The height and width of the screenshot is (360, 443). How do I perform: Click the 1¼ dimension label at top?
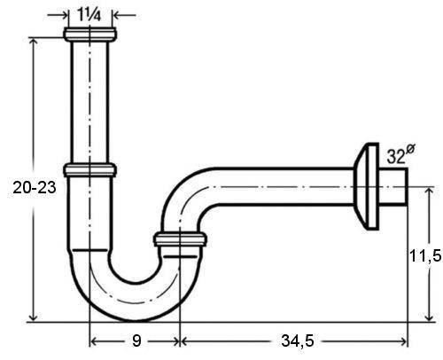[x=89, y=14]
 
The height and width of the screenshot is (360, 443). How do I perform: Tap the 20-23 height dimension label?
[x=35, y=187]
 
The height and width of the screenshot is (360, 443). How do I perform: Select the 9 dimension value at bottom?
[x=136, y=340]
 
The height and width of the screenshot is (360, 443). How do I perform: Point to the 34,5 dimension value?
[x=297, y=341]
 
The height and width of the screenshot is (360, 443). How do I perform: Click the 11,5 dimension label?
[x=425, y=255]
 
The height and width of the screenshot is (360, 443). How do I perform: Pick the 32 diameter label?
[x=400, y=154]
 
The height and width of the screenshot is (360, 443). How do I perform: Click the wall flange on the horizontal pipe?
[x=366, y=186]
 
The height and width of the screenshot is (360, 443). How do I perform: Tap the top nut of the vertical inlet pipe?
[x=89, y=34]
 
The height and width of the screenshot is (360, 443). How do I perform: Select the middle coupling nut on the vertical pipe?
[x=89, y=170]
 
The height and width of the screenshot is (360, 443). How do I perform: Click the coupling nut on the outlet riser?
[x=180, y=239]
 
